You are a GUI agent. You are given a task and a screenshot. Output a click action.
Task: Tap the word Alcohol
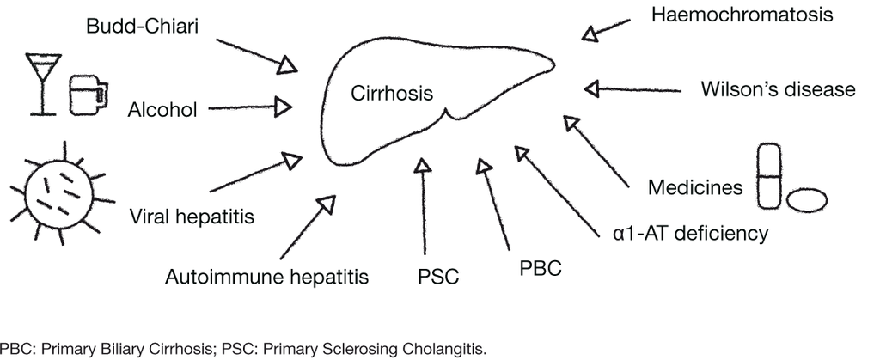click(163, 109)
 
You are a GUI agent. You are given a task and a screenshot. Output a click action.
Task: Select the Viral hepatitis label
click(192, 216)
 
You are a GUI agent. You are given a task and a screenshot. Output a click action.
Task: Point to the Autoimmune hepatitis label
click(267, 277)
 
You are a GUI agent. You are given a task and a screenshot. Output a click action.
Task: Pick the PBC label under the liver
click(541, 267)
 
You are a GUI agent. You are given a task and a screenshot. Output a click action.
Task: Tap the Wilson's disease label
click(778, 90)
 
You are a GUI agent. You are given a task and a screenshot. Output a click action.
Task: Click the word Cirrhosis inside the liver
click(392, 93)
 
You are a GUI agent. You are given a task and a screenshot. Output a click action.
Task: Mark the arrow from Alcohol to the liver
click(249, 108)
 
